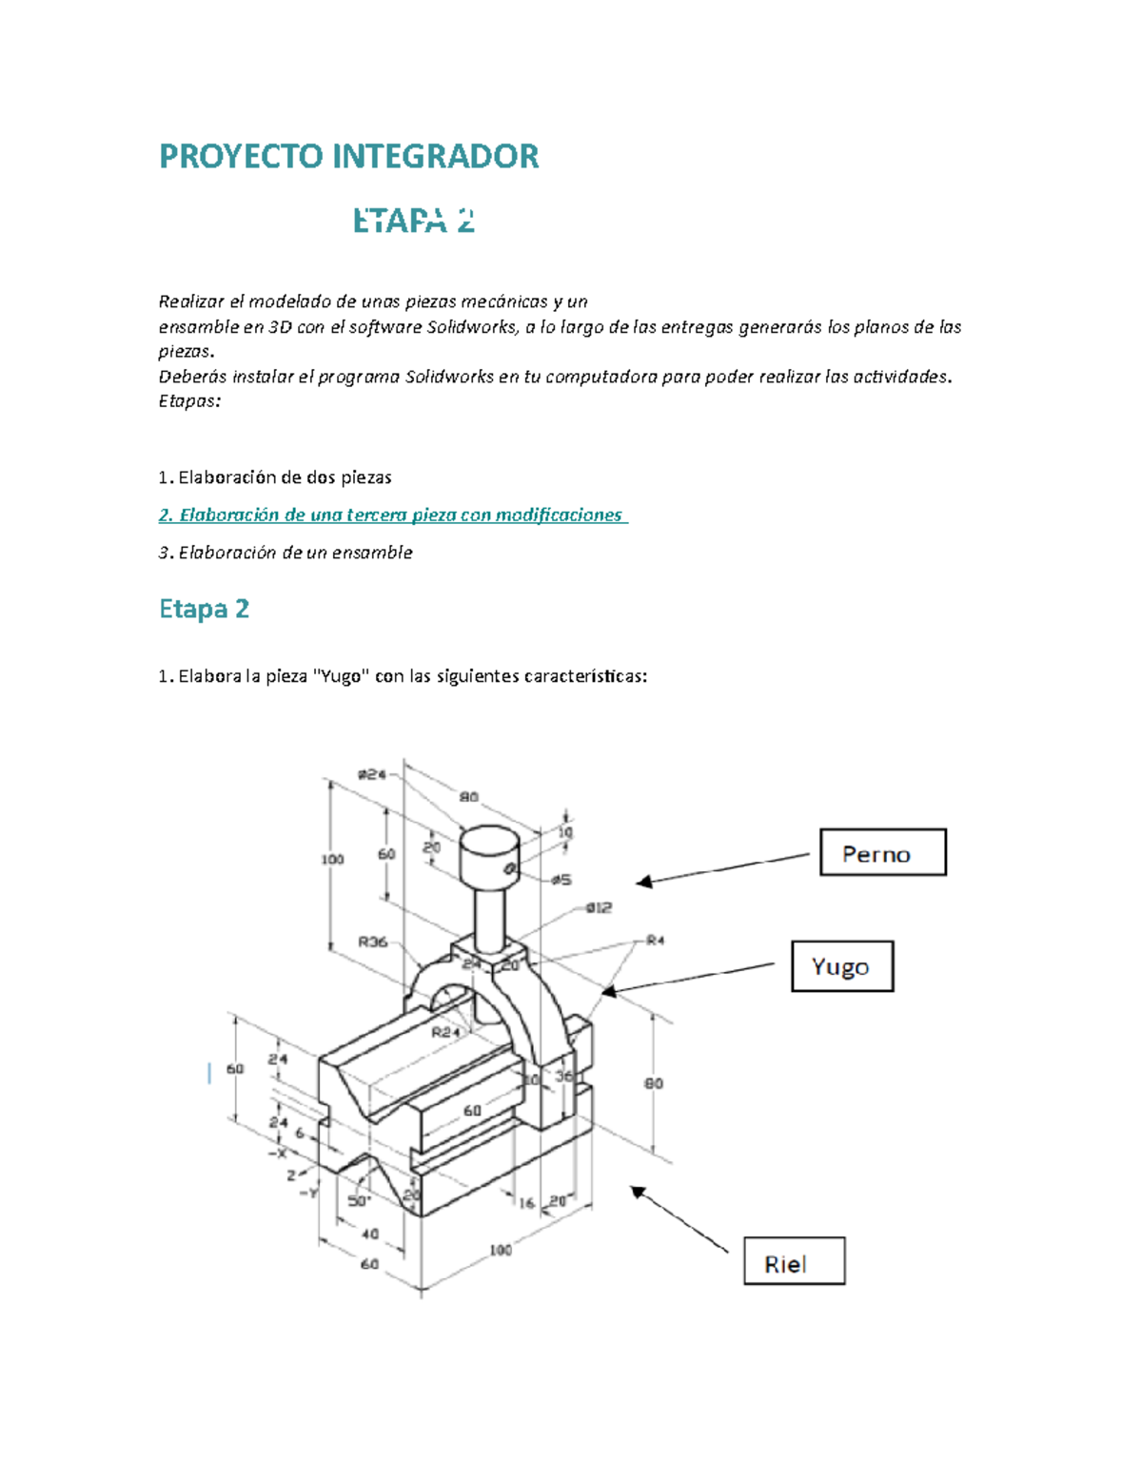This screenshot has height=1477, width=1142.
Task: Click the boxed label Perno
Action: coord(882,852)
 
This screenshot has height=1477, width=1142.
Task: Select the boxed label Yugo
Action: coord(841,966)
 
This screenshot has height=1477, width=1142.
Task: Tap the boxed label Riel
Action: coord(794,1262)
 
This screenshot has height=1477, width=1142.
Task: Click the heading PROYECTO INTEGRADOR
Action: coord(348,156)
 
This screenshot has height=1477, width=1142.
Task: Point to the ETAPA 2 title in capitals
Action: coord(413,221)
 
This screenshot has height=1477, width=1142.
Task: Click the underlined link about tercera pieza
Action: coord(392,515)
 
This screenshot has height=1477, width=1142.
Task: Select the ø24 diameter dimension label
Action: coord(371,774)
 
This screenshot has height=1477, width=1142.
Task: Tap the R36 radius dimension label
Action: coord(372,942)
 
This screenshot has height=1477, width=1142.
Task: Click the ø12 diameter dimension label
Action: coord(598,907)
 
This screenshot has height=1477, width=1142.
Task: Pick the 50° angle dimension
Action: coord(359,1200)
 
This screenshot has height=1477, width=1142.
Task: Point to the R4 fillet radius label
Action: coord(655,941)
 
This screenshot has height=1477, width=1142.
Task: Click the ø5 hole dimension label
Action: coord(561,880)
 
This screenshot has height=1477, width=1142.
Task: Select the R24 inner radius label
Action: coord(445,1031)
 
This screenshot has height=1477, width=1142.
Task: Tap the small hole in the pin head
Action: coord(510,868)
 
